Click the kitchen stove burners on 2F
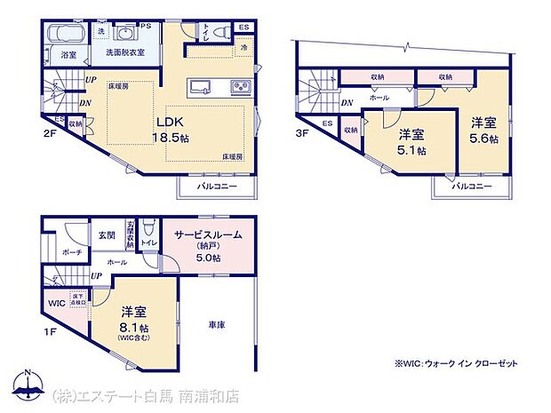[x=240, y=86]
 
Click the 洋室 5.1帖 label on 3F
[x=411, y=142]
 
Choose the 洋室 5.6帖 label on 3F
[x=483, y=131]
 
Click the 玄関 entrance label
[x=107, y=234]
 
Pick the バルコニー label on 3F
[x=472, y=187]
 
